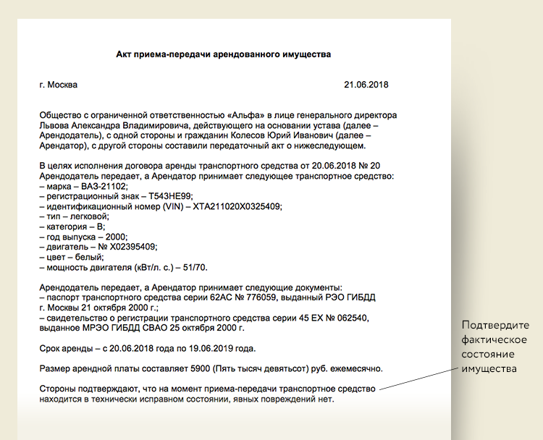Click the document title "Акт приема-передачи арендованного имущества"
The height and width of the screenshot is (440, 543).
[224, 54]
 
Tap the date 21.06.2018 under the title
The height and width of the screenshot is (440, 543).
[366, 85]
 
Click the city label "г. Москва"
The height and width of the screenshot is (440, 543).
[59, 85]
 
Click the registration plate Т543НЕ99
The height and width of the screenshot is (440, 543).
[176, 196]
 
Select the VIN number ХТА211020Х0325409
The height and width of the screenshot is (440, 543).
[237, 206]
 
